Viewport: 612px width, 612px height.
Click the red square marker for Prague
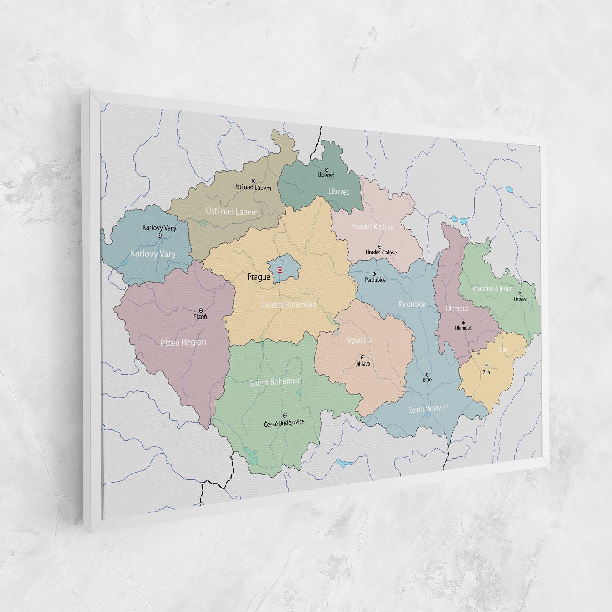280,270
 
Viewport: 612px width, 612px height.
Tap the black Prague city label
259,277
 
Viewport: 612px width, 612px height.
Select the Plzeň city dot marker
201,311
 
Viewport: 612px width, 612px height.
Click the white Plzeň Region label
183,342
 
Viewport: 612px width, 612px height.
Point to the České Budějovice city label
284,422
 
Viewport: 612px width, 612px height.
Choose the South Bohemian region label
275,382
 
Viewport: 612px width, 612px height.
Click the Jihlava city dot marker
363,357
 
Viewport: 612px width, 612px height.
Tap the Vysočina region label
359,340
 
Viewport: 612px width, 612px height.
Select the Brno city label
427,380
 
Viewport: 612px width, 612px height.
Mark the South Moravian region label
428,409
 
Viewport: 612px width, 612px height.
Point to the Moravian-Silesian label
492,289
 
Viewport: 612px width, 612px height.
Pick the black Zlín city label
486,372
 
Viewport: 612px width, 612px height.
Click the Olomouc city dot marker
464,323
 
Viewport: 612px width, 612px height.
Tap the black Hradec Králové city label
381,252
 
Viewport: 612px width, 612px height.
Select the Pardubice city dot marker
374,274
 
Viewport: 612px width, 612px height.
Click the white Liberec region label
339,191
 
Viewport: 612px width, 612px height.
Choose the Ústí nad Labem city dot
253,181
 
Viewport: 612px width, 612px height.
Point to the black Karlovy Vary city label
159,228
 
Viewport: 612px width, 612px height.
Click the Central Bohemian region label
288,304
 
